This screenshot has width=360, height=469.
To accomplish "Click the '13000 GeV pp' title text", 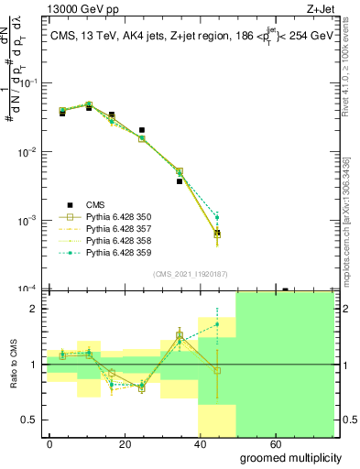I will tap(70, 9).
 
